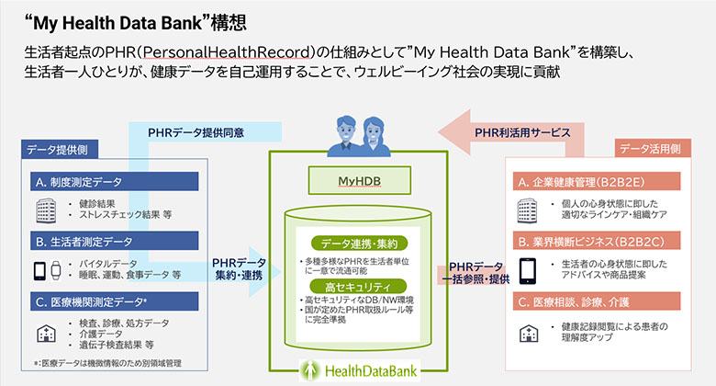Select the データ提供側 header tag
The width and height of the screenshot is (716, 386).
[57, 149]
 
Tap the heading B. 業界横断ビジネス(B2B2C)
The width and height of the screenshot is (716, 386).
[600, 242]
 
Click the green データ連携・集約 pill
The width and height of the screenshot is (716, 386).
[358, 244]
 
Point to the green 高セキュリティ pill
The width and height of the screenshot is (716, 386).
[358, 287]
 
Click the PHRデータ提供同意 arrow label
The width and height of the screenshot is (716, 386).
[196, 132]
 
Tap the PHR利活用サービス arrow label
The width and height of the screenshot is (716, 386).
[515, 132]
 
